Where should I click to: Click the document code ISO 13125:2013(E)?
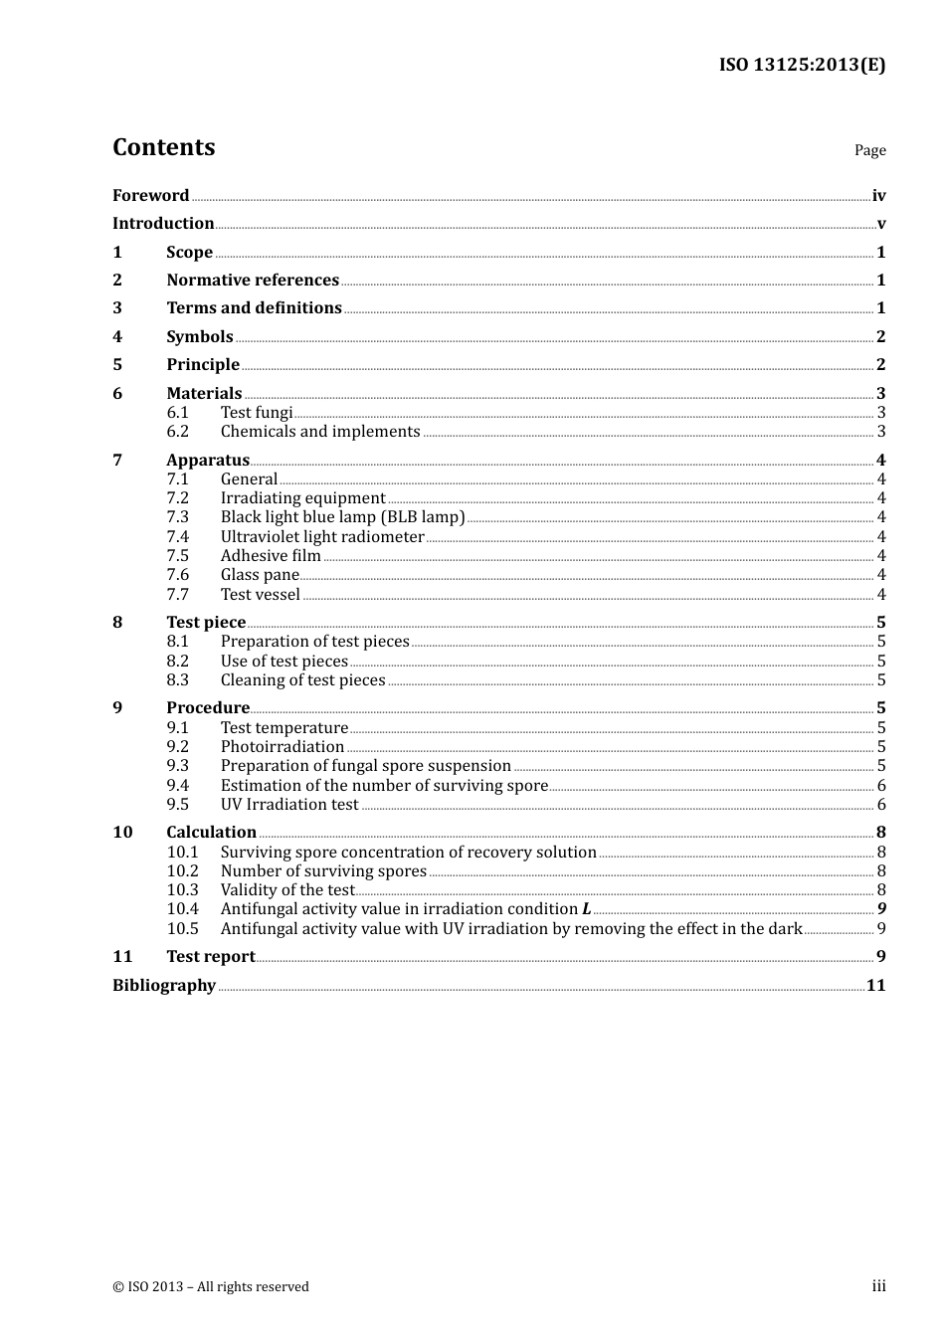802,65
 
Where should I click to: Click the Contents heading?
163,147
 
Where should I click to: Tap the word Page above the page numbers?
869,150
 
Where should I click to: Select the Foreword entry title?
150,195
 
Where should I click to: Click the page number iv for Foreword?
878,196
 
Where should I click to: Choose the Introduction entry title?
163,224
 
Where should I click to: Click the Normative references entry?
253,281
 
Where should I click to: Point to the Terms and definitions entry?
254,308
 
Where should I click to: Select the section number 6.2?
177,432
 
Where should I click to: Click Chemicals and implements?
320,432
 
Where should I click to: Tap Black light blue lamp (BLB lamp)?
342,517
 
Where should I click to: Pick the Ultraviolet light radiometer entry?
322,537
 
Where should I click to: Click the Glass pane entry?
260,575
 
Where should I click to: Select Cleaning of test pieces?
302,680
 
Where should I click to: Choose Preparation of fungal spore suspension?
365,766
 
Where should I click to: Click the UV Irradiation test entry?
289,805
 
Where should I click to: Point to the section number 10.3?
182,890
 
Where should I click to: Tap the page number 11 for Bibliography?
875,986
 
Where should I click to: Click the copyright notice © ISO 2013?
211,1287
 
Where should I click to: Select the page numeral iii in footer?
878,1286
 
